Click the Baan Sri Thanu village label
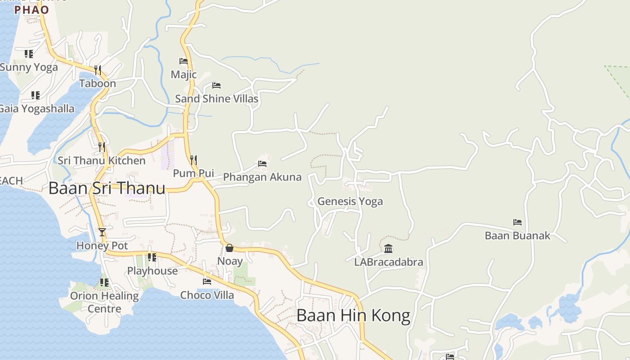point(107,188)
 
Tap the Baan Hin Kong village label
point(353,315)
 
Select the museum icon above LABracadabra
point(388,248)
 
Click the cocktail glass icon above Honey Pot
point(102,232)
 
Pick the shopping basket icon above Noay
point(229,248)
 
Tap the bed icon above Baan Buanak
point(517,222)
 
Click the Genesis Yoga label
point(350,201)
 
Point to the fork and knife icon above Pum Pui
point(193,160)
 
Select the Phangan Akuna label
point(262,177)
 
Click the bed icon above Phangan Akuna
point(262,164)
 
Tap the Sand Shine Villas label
point(216,99)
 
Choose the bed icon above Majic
point(184,61)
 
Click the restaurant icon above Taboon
point(98,70)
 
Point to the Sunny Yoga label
point(29,67)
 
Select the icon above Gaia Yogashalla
point(36,95)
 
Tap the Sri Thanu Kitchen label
point(102,161)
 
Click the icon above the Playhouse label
point(152,257)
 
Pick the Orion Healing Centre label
point(104,302)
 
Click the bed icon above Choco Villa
point(207,282)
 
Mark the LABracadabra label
point(389,262)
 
